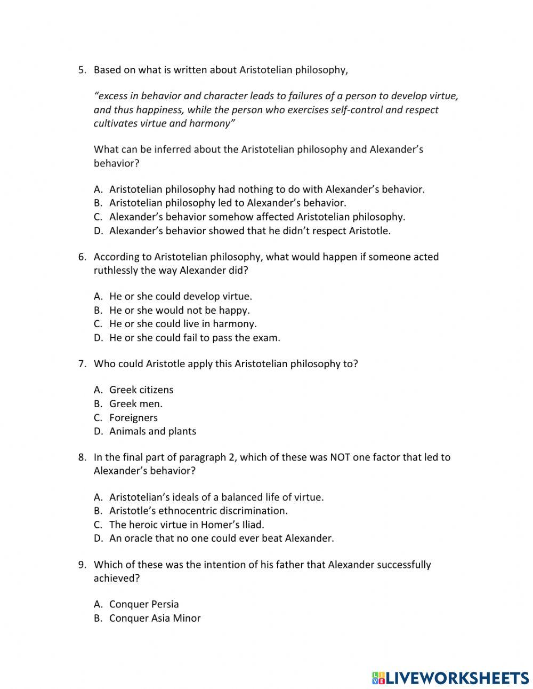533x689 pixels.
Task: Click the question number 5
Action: (82, 70)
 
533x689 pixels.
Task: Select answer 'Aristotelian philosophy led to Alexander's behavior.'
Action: (228, 203)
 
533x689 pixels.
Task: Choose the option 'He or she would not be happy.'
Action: (179, 310)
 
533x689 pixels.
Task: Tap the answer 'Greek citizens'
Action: (141, 390)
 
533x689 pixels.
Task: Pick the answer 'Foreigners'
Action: (133, 418)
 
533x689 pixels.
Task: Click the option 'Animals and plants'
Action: (152, 431)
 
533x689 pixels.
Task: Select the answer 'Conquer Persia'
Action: (144, 605)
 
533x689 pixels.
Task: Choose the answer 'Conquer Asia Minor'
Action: (155, 619)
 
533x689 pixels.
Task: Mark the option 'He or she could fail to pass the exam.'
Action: (195, 338)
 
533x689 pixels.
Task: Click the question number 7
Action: (82, 364)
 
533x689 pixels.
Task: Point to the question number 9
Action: (82, 565)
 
